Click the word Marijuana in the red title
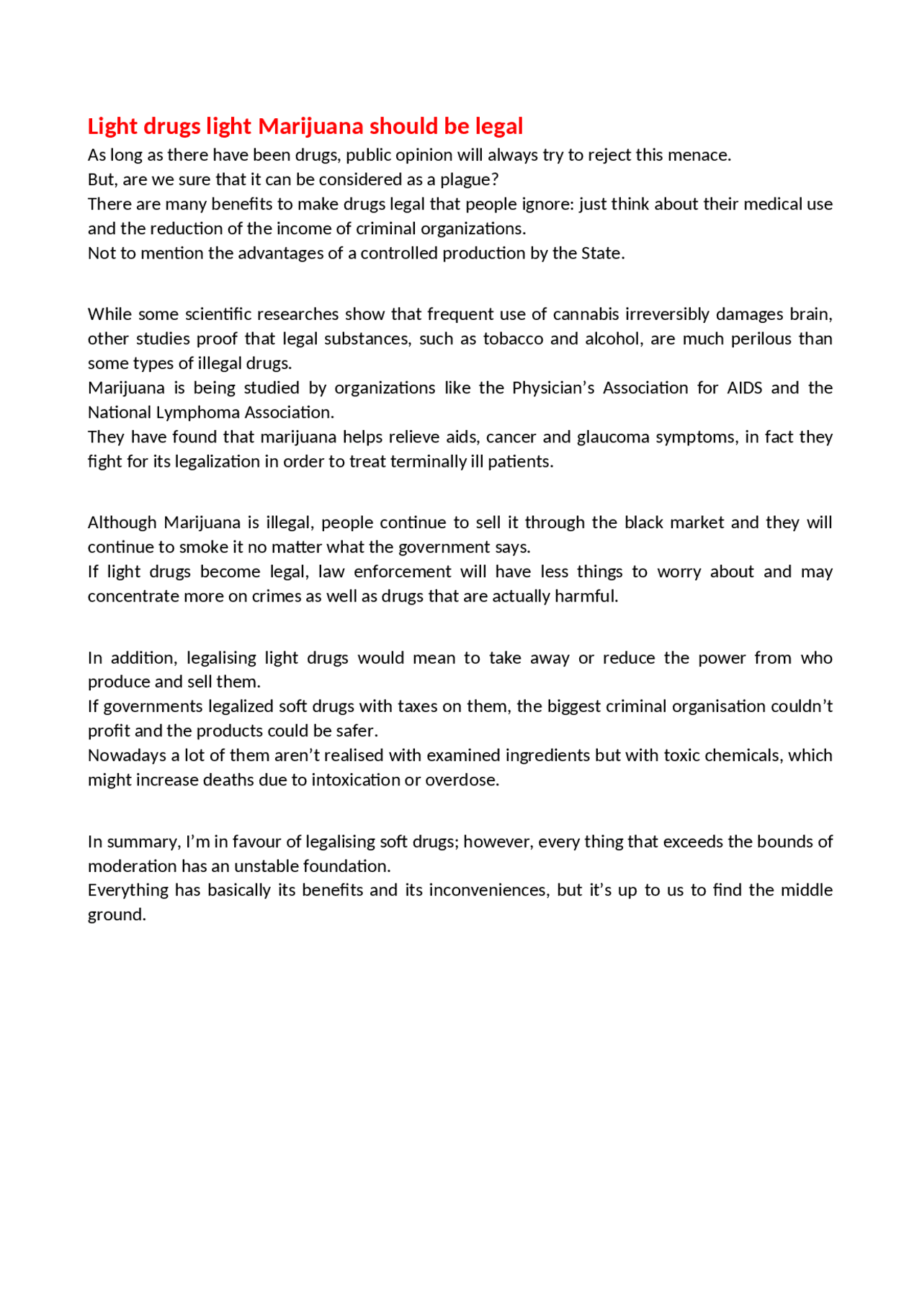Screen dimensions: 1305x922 (x=310, y=126)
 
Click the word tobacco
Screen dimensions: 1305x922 (x=513, y=339)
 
